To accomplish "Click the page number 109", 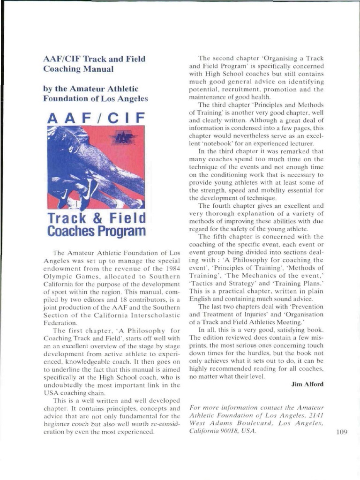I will (341, 432).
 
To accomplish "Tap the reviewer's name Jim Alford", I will (307, 384).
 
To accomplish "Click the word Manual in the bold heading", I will (98, 69).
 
